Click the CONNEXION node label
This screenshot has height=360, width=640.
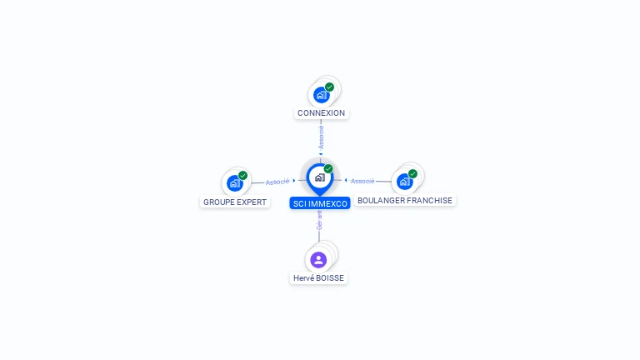(x=321, y=112)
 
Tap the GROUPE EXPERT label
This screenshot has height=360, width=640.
(x=235, y=202)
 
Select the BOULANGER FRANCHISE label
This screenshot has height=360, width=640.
(x=405, y=201)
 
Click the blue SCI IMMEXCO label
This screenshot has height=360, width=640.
(x=320, y=203)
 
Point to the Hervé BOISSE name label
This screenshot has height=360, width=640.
(x=318, y=278)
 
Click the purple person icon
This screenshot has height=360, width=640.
(x=318, y=260)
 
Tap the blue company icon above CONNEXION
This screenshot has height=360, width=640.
(x=322, y=96)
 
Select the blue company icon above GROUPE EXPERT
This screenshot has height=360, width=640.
(x=234, y=183)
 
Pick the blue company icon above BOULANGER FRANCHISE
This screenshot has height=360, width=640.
(x=404, y=182)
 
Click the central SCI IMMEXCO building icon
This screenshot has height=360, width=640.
(x=319, y=177)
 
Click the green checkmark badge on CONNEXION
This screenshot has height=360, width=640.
(x=329, y=87)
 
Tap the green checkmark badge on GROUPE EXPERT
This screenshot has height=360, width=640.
(x=242, y=176)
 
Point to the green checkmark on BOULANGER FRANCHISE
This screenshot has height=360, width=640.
(x=412, y=174)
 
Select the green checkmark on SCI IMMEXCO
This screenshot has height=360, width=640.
(x=328, y=169)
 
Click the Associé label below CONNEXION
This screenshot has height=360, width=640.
(x=321, y=137)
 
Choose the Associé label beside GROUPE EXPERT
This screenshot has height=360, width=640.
(x=277, y=182)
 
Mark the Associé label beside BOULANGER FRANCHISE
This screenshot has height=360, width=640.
(x=362, y=181)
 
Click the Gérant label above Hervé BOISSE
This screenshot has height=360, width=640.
(x=319, y=220)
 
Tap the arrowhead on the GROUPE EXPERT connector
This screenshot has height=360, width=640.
(x=294, y=180)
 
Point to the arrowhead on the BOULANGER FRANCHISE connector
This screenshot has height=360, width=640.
(x=346, y=180)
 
